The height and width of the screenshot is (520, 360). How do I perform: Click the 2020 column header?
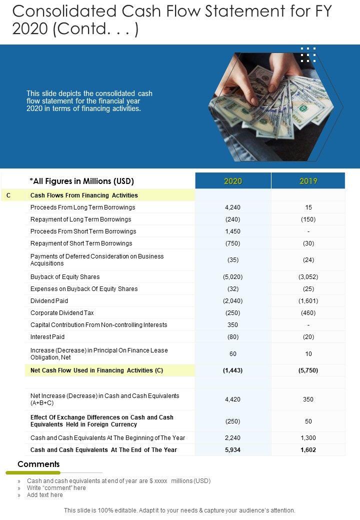[x=233, y=181]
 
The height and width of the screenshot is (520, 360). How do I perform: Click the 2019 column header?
[x=308, y=181]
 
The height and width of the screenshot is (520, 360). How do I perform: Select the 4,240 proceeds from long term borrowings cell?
[x=233, y=207]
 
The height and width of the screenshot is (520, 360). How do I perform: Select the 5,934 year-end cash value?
[x=233, y=449]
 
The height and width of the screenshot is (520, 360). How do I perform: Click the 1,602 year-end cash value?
[x=308, y=449]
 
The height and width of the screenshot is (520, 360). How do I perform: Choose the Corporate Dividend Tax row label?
[x=62, y=312]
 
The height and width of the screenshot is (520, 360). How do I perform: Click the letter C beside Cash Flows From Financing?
[x=8, y=195]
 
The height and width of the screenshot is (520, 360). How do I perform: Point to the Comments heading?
[x=38, y=464]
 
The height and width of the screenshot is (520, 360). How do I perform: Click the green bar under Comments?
[x=32, y=472]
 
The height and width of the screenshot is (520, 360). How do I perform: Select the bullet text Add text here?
[x=45, y=495]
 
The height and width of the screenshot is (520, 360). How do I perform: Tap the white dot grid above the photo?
[x=308, y=54]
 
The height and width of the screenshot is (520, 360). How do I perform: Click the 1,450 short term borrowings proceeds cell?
[x=233, y=231]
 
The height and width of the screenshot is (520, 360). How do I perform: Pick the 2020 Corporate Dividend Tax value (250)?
[x=233, y=312]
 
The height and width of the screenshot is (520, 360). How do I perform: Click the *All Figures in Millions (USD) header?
[x=82, y=181]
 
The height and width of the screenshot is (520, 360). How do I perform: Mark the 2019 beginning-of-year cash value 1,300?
[x=308, y=437]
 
